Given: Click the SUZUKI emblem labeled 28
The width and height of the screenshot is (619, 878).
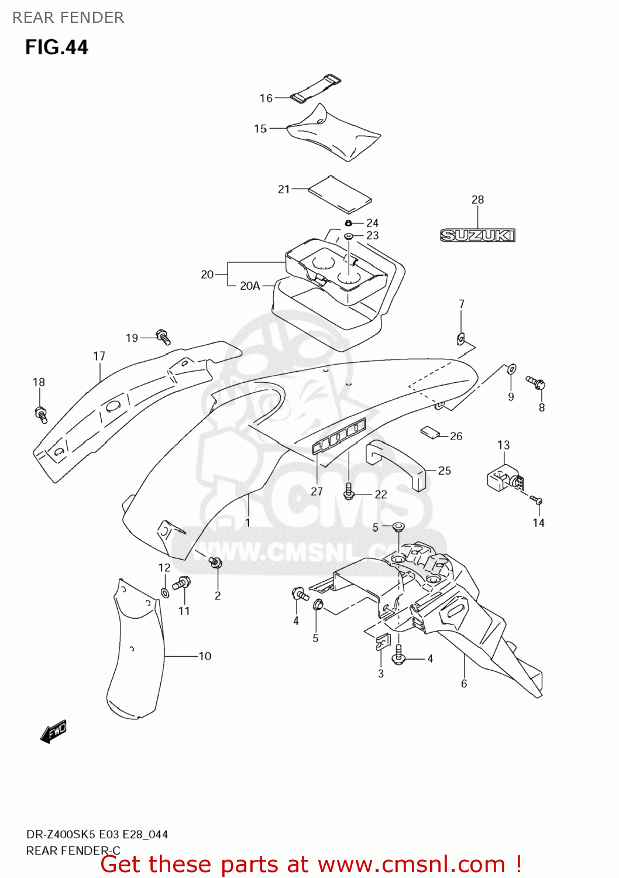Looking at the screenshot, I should pyautogui.click(x=477, y=235).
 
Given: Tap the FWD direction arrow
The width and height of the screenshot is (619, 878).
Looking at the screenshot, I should pyautogui.click(x=54, y=731).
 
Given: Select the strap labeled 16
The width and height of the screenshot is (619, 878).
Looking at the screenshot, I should pyautogui.click(x=317, y=89).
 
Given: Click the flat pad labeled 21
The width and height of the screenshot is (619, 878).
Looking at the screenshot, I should pyautogui.click(x=340, y=194).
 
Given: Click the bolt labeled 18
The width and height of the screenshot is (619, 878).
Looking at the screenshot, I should pyautogui.click(x=42, y=414).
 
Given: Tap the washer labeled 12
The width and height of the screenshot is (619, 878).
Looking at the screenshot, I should pyautogui.click(x=165, y=594).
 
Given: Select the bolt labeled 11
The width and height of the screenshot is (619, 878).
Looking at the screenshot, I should pyautogui.click(x=182, y=582).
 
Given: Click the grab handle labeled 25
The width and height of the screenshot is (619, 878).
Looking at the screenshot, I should pyautogui.click(x=396, y=462).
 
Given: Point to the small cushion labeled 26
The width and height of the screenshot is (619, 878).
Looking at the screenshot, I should pyautogui.click(x=430, y=433).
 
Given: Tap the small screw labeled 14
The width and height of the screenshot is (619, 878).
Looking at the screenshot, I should pyautogui.click(x=537, y=500).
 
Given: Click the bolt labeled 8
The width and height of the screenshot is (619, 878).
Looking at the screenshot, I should pyautogui.click(x=536, y=383).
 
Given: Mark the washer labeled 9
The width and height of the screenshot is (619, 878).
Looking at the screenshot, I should pyautogui.click(x=511, y=369).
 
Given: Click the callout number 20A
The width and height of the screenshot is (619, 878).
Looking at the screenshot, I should pyautogui.click(x=250, y=286).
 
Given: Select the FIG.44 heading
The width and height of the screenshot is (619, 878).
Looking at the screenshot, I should pyautogui.click(x=56, y=47).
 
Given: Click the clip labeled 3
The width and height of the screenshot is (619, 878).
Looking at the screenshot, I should pyautogui.click(x=381, y=642).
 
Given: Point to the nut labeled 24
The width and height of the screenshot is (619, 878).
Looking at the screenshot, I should pyautogui.click(x=348, y=223).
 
